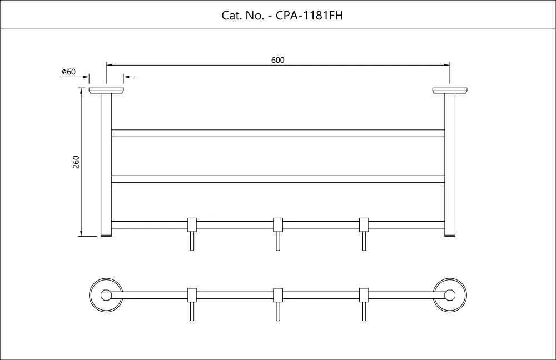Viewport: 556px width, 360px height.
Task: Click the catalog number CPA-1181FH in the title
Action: click(x=309, y=15)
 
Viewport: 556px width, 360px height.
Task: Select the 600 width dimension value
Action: click(x=277, y=60)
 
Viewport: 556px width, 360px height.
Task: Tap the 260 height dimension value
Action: click(x=76, y=162)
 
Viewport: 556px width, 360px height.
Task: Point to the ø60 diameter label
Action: click(x=68, y=72)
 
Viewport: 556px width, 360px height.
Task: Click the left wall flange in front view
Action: click(x=106, y=91)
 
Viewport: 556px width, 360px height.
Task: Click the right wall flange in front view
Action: click(x=450, y=91)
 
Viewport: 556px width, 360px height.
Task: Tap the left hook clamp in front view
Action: click(x=192, y=224)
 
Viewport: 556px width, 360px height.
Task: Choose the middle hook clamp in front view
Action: click(x=278, y=224)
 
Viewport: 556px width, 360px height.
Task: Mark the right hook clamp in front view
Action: click(x=364, y=224)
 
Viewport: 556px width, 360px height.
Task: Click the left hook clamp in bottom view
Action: click(x=192, y=295)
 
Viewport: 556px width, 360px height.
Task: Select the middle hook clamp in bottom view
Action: click(x=278, y=295)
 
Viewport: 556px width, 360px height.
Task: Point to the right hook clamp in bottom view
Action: click(x=364, y=295)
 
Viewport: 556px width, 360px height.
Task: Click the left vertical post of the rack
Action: click(x=106, y=165)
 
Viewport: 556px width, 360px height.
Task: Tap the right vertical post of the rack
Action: click(x=450, y=165)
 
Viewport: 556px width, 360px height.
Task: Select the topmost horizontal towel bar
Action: click(x=278, y=133)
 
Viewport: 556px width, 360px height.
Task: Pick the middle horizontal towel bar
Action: click(x=278, y=179)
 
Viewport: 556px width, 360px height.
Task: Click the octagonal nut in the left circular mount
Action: click(x=106, y=295)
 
